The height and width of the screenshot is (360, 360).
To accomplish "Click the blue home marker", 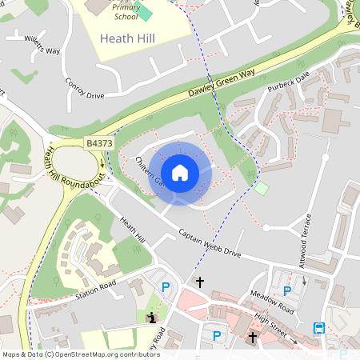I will pyautogui.click(x=180, y=173).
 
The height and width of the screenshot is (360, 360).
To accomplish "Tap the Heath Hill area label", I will pyautogui.click(x=129, y=38).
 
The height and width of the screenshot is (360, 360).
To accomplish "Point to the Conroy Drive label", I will pyautogui.click(x=85, y=89).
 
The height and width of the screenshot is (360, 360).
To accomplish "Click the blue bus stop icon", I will pyautogui.click(x=319, y=328).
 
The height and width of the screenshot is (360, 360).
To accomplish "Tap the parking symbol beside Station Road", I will pyautogui.click(x=166, y=287).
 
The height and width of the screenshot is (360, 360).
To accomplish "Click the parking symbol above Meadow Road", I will pyautogui.click(x=287, y=291).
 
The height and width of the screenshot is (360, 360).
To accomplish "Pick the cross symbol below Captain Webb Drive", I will pyautogui.click(x=200, y=282).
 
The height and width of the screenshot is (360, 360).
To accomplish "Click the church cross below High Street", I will pyautogui.click(x=253, y=338).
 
